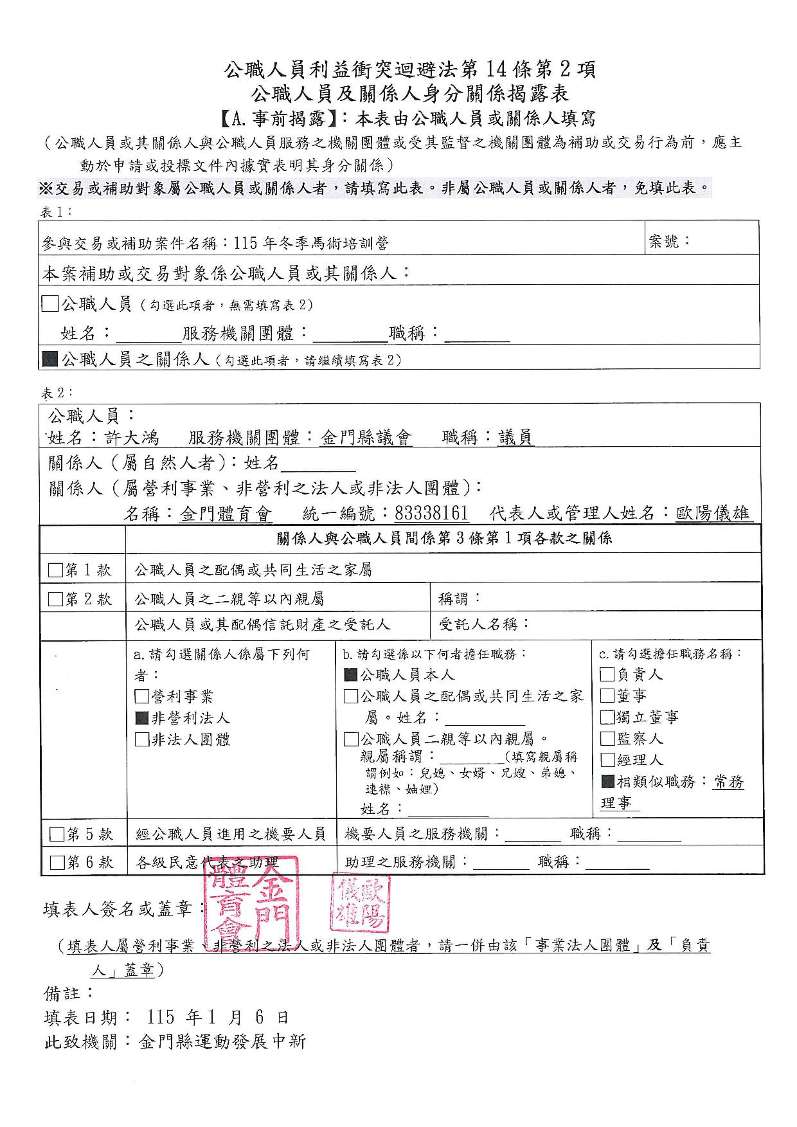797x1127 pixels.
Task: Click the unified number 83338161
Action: (x=431, y=513)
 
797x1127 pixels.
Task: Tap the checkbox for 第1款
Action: (x=56, y=570)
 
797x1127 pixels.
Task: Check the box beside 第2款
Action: (x=56, y=600)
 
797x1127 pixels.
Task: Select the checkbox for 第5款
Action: (x=57, y=834)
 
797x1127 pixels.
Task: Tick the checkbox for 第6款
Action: (x=57, y=862)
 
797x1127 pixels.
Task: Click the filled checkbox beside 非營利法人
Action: (x=141, y=718)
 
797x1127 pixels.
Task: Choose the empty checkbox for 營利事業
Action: (x=141, y=696)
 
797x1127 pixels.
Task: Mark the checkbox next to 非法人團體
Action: (x=141, y=739)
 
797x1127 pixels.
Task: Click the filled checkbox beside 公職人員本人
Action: (x=351, y=674)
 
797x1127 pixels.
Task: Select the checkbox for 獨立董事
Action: (x=607, y=717)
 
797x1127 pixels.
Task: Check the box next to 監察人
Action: (x=607, y=738)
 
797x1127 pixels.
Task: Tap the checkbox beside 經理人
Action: (x=607, y=759)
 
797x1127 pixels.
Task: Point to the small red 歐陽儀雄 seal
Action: (x=360, y=902)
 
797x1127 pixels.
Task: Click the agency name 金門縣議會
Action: (x=366, y=438)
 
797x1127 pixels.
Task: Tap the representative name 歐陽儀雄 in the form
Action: (x=713, y=513)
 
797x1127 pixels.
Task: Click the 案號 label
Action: (x=669, y=242)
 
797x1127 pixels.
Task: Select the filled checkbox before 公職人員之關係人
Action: (x=49, y=359)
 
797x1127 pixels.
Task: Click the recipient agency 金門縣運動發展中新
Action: (x=222, y=1041)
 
